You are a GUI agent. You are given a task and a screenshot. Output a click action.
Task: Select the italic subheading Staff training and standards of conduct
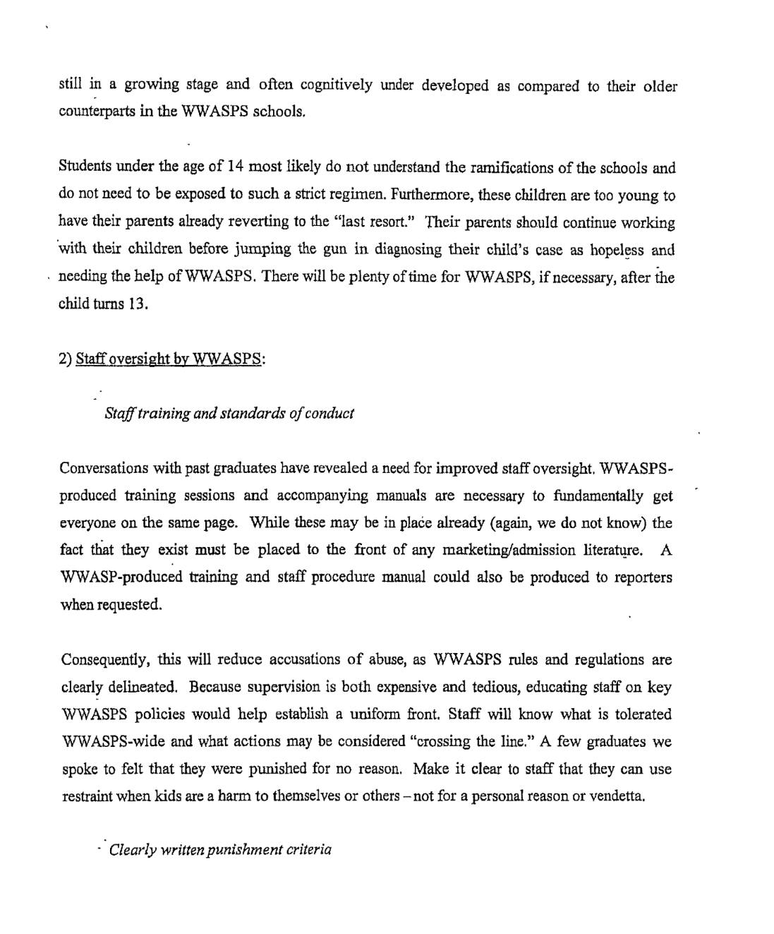(229, 413)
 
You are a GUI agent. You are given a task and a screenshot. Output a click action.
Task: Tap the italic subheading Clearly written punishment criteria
(220, 849)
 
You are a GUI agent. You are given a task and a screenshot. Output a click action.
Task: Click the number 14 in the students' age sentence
(235, 167)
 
